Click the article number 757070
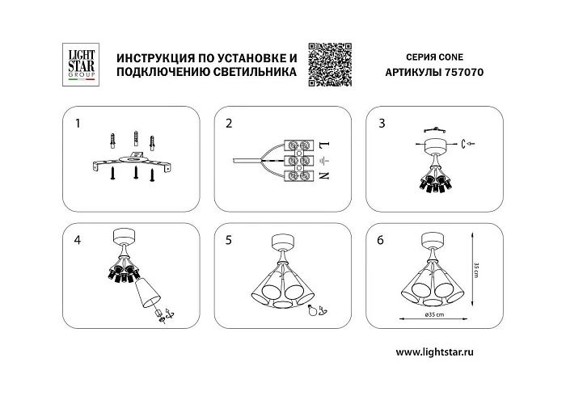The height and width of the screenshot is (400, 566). (462, 72)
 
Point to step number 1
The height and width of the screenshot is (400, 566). (78, 124)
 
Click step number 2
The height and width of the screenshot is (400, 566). (230, 124)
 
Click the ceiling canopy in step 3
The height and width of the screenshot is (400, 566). (436, 146)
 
